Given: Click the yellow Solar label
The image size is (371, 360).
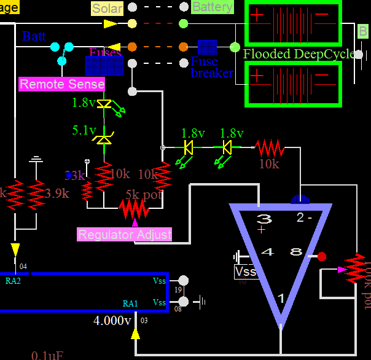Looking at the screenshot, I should (107, 9).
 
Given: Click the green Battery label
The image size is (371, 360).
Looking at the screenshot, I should (213, 7).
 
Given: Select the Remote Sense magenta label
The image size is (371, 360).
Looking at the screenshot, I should (62, 84).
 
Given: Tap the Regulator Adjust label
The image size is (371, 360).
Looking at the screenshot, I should (125, 234).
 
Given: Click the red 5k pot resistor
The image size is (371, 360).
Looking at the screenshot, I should (134, 210).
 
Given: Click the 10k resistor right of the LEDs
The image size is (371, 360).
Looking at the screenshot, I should (270, 147).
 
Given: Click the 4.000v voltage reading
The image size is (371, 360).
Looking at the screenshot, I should (112, 321).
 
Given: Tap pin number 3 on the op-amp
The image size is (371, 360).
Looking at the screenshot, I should (264, 219).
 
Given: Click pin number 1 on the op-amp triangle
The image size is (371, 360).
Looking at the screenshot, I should (281, 299).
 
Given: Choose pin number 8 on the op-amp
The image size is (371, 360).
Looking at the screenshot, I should (296, 252).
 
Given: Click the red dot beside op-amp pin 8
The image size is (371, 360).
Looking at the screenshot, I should (321, 256).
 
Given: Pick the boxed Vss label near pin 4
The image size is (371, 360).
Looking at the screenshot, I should (246, 271).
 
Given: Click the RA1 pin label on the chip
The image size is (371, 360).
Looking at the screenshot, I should (130, 303).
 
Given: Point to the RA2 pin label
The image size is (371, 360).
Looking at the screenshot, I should (13, 281).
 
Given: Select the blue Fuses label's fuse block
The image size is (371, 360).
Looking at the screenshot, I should (105, 64).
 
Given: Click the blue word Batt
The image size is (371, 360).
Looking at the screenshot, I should (34, 36).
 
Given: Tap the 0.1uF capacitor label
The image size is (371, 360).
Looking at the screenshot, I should (47, 355).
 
